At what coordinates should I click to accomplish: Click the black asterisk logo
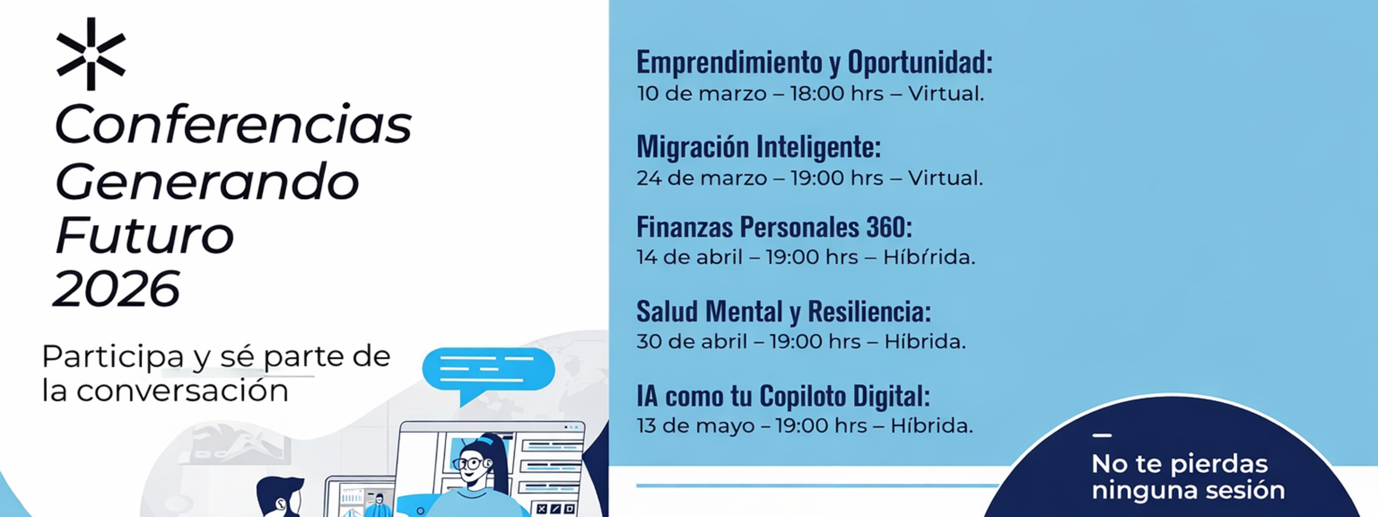coord(91,54)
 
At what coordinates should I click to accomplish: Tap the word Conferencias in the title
coord(233,124)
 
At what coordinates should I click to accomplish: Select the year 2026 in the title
coord(116,289)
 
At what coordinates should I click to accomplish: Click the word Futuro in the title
coord(144,235)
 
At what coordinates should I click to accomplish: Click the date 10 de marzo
coord(702,94)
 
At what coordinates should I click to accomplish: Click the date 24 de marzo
coord(702,178)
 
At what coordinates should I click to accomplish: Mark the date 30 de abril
coord(692,341)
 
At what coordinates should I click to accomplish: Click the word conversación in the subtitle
coord(182,391)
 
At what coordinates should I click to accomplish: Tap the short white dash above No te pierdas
coord(1102,435)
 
